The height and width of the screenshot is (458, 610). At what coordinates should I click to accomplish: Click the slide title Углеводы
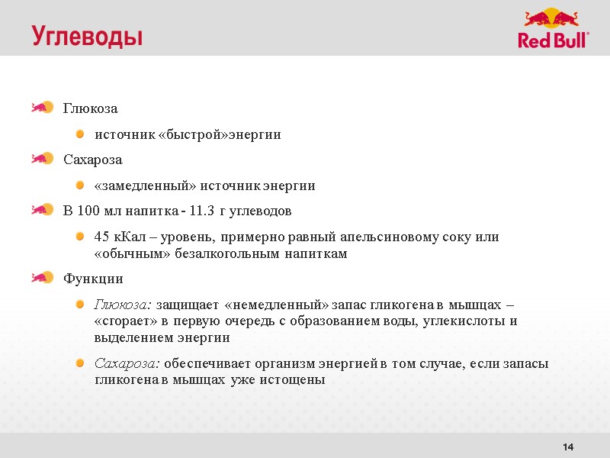(87, 36)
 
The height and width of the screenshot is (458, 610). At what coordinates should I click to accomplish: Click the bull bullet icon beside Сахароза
(42, 158)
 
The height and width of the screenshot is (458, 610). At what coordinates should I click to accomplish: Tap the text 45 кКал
(120, 237)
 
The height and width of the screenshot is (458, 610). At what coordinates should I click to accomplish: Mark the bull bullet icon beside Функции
(42, 277)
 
